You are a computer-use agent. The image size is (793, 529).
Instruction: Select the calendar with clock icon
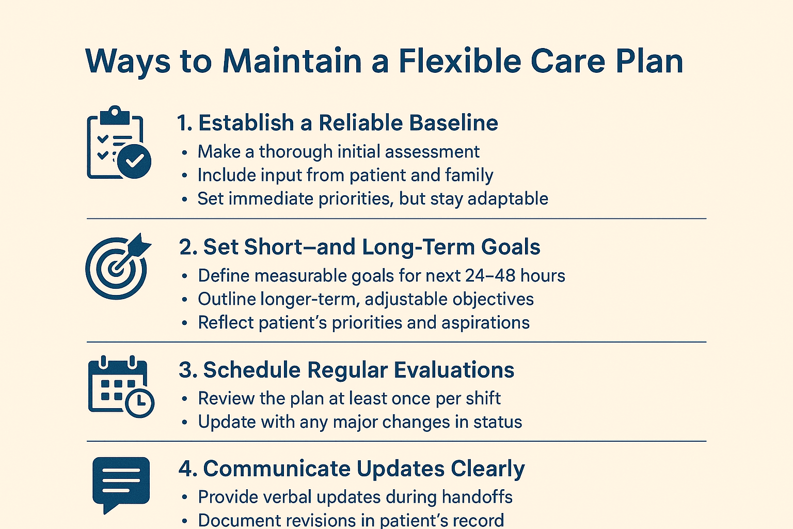tap(121, 386)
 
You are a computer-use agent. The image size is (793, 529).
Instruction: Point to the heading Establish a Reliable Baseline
tap(338, 123)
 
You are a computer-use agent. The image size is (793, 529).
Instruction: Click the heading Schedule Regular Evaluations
tap(346, 370)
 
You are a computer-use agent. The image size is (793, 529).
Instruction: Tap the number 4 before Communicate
tap(186, 469)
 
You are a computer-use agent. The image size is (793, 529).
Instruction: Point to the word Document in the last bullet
tap(231, 520)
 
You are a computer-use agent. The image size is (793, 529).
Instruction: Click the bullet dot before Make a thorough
tap(185, 152)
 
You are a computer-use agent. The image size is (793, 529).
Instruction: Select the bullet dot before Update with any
tap(185, 423)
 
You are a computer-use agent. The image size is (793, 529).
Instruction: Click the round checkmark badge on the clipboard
tap(134, 161)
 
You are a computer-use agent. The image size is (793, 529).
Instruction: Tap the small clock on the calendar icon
tap(139, 402)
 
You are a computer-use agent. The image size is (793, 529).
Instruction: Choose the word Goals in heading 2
tap(511, 247)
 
